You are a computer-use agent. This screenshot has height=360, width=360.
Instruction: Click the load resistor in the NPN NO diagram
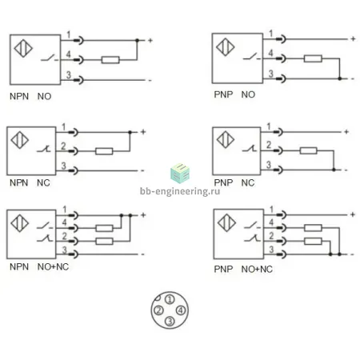click(x=110, y=60)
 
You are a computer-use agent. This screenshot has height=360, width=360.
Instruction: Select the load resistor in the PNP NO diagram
click(x=313, y=58)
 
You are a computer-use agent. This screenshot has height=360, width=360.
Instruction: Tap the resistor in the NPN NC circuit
click(x=104, y=151)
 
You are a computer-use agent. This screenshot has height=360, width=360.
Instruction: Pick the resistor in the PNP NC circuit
click(x=308, y=150)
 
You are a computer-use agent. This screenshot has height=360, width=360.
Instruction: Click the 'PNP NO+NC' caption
click(x=243, y=270)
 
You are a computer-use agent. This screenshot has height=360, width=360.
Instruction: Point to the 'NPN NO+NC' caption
click(x=39, y=266)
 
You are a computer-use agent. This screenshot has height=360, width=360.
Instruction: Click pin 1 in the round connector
click(x=170, y=299)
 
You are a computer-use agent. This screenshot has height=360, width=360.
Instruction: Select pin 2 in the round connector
click(x=158, y=310)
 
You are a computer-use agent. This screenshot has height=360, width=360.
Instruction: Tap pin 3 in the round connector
click(x=170, y=321)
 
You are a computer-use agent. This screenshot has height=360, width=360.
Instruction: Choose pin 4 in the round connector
click(x=181, y=310)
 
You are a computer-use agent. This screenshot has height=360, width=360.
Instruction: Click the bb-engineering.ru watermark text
click(x=180, y=191)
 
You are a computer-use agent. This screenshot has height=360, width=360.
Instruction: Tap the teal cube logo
click(x=180, y=174)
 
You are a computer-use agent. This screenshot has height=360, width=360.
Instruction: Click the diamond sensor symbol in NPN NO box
click(x=23, y=48)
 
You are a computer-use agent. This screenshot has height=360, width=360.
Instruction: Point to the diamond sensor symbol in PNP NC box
click(x=226, y=139)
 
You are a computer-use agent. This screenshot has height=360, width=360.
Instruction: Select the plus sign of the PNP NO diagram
click(x=353, y=39)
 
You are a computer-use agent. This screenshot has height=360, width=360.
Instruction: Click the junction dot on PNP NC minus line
click(x=334, y=170)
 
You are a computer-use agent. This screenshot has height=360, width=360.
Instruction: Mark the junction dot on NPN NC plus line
click(x=130, y=132)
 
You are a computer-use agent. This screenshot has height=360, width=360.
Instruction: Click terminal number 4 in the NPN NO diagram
click(x=69, y=54)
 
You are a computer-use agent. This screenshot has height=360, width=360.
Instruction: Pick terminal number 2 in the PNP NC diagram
click(x=269, y=145)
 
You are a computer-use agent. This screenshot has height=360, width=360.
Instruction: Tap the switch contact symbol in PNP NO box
click(x=251, y=57)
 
